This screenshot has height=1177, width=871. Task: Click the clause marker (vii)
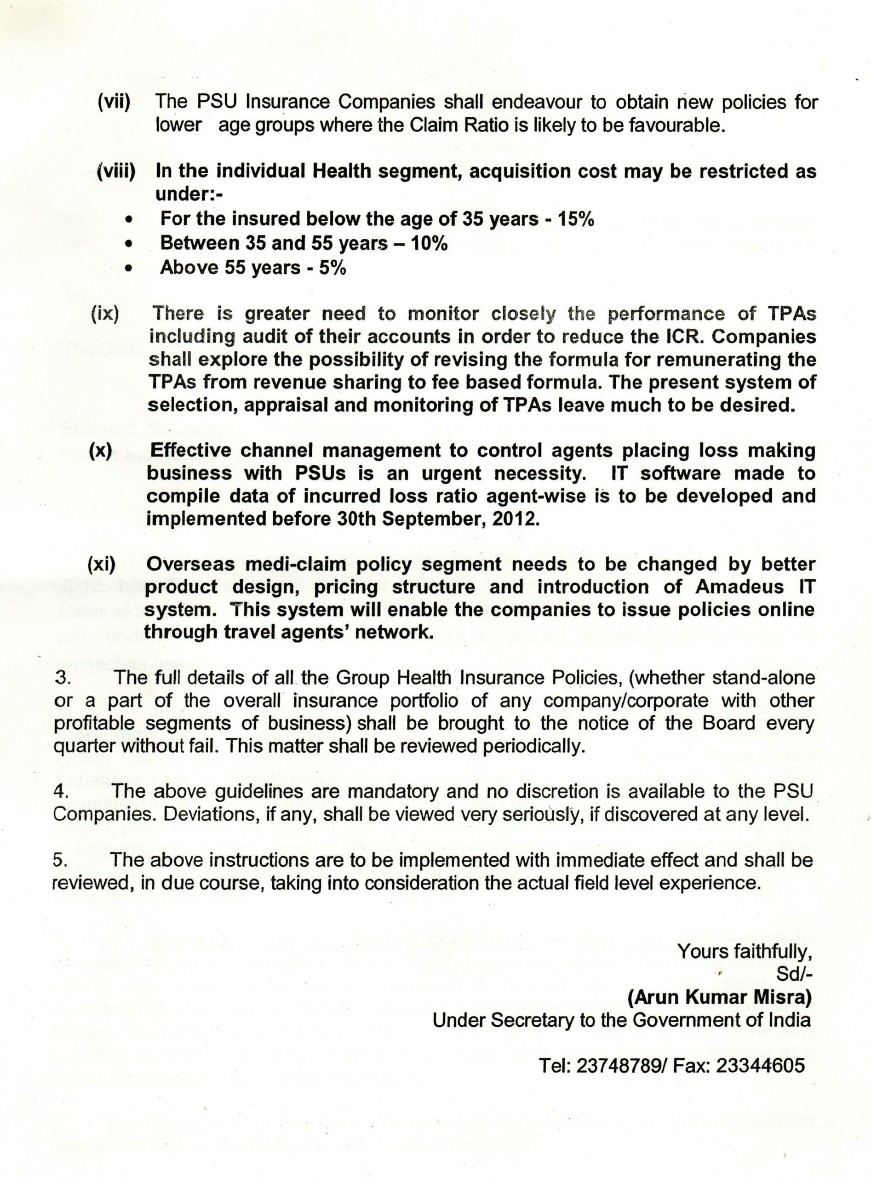click(x=114, y=101)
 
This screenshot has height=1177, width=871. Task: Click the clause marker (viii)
click(x=116, y=171)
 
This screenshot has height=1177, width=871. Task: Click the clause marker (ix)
click(x=105, y=314)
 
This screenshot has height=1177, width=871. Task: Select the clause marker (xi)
click(x=101, y=565)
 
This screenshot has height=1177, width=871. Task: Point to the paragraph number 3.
click(x=62, y=678)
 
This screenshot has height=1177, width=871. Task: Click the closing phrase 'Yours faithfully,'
click(x=744, y=951)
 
